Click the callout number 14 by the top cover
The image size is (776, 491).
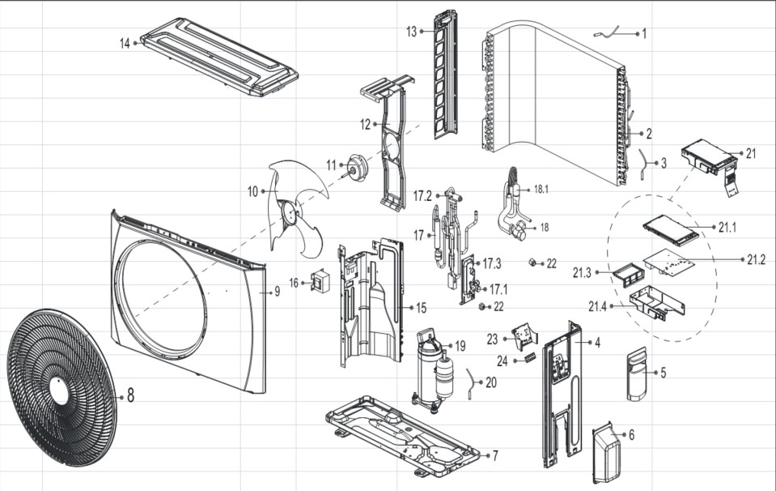pyautogui.click(x=125, y=43)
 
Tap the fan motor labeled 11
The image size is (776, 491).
pyautogui.click(x=358, y=165)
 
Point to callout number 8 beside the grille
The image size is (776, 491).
pyautogui.click(x=130, y=396)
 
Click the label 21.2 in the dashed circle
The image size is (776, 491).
pyautogui.click(x=757, y=259)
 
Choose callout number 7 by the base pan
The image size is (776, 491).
pyautogui.click(x=494, y=455)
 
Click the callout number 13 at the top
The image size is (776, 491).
pyautogui.click(x=411, y=32)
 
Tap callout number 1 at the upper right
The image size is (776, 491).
pyautogui.click(x=644, y=34)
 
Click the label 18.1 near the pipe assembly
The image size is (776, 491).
pyautogui.click(x=541, y=189)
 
